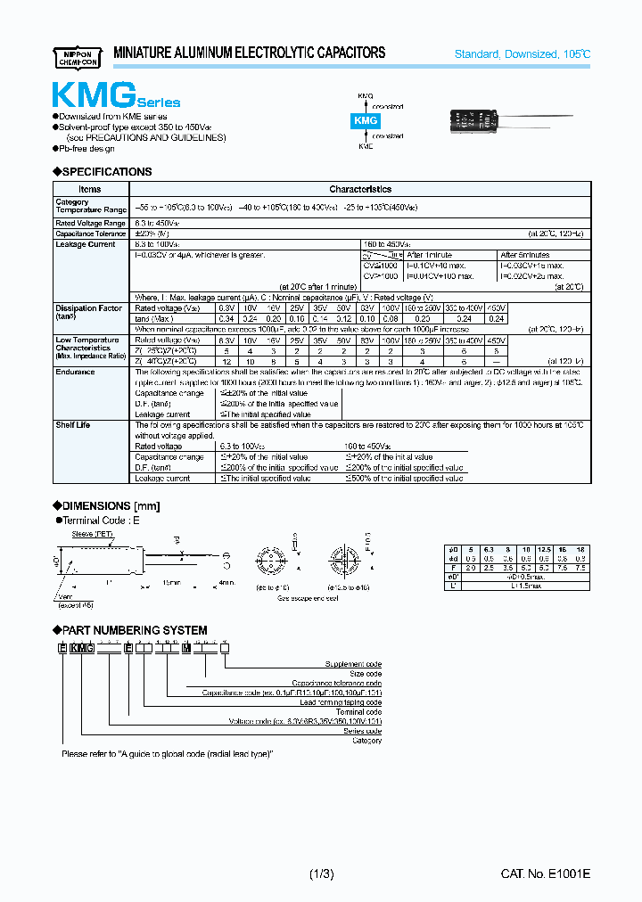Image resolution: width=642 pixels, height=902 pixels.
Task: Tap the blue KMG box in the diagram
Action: pyautogui.click(x=366, y=119)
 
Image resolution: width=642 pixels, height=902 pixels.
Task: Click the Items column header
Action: pyautogui.click(x=90, y=189)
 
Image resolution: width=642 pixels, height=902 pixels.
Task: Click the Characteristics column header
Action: pyautogui.click(x=360, y=189)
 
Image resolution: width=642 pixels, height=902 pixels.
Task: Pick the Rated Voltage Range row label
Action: pyautogui.click(x=90, y=223)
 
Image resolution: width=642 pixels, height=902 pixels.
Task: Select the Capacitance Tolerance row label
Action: pyautogui.click(x=90, y=234)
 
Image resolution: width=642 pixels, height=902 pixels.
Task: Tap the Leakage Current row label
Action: pyautogui.click(x=86, y=244)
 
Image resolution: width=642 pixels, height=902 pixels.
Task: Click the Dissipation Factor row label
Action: pyautogui.click(x=88, y=308)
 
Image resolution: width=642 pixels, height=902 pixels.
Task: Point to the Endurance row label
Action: pyautogui.click(x=75, y=372)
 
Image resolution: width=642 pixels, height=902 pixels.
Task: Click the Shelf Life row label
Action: pyautogui.click(x=73, y=425)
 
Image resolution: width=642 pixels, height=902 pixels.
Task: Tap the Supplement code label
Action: pyautogui.click(x=355, y=664)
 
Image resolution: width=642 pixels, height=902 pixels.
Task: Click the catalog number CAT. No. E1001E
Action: pyautogui.click(x=546, y=874)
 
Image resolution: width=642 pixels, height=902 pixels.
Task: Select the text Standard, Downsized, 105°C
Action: pyautogui.click(x=522, y=54)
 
